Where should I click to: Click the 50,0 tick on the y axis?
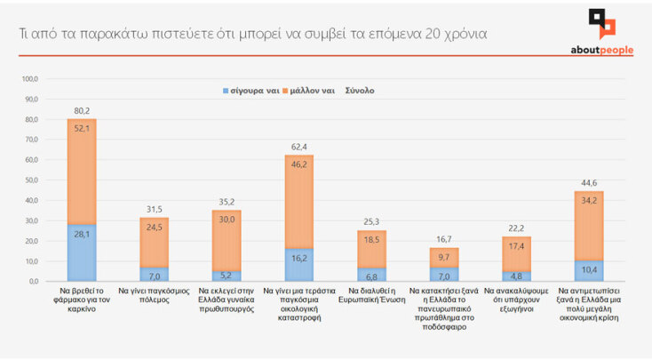29,180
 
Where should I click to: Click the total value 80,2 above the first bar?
82,111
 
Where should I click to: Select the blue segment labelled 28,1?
82,252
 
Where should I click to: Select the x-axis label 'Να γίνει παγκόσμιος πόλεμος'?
154,295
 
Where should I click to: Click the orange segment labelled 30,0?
226,240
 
